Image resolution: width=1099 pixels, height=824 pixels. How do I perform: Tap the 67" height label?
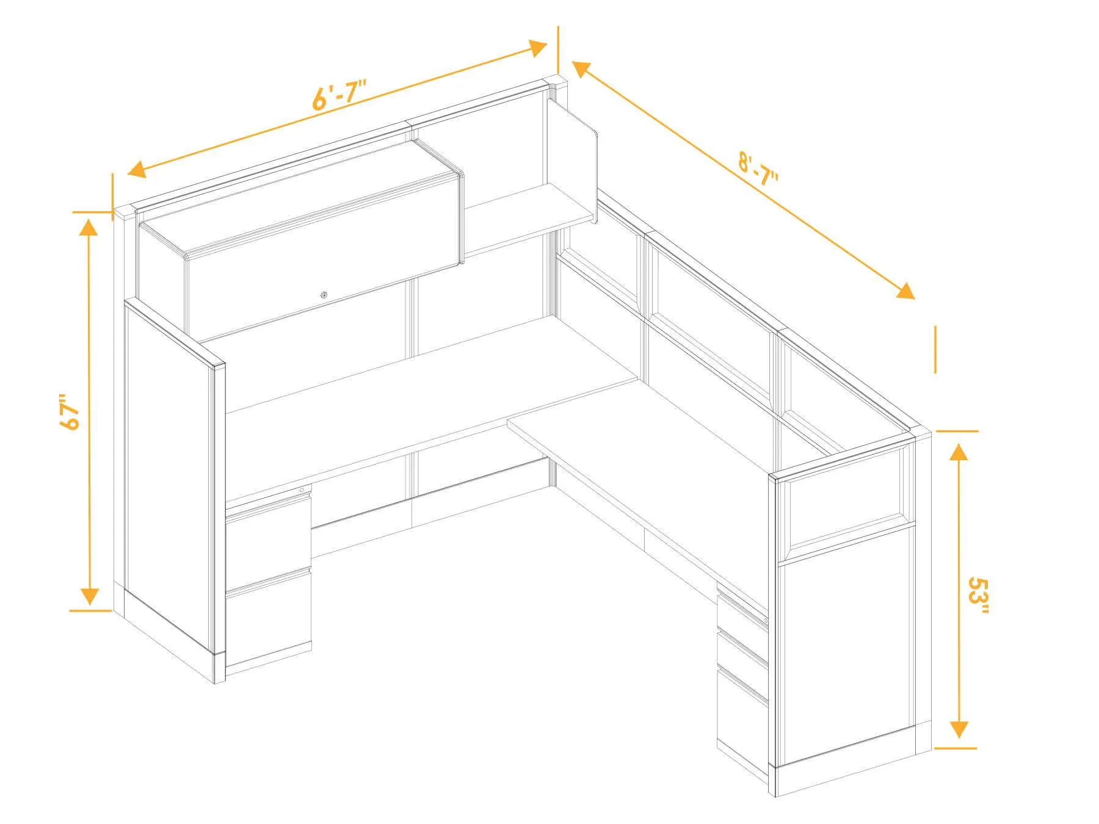click(71, 412)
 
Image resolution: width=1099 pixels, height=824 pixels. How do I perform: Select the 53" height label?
click(978, 598)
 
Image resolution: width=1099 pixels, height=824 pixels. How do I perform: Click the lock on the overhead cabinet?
click(323, 296)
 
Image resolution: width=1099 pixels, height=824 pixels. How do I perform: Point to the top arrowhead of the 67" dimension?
click(89, 226)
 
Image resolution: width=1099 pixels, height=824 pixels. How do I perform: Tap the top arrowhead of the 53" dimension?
click(959, 452)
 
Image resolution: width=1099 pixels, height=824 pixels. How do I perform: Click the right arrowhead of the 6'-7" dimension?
click(538, 48)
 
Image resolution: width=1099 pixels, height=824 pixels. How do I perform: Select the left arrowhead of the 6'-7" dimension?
click(136, 168)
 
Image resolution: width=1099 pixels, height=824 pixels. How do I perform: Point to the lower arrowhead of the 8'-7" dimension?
click(905, 291)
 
